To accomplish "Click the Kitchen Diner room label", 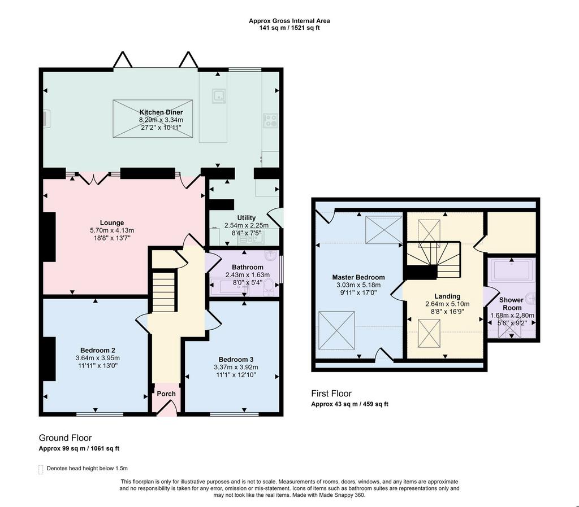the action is pos(161,112).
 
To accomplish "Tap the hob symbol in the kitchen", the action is pos(270,120).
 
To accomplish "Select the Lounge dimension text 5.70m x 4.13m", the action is pos(112,230).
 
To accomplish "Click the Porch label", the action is pos(166,394).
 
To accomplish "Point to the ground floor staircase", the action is pos(163,292).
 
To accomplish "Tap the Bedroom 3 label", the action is pos(236,360).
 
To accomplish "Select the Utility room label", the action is pos(247,217).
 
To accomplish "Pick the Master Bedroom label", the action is pos(358,277).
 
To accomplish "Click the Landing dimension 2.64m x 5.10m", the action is pos(447,304).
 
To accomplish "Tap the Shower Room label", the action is pos(511,304).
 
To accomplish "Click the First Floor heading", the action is pos(331,394).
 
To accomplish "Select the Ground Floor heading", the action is pos(65,438).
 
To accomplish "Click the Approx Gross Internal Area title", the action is pos(289,21).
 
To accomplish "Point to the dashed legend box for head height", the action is pos(41,469).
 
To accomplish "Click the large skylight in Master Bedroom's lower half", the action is pos(336,330).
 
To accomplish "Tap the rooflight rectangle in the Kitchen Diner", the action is pos(153,119).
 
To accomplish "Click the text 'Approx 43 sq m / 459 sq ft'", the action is pos(349,404).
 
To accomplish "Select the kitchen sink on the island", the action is pos(219,96).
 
